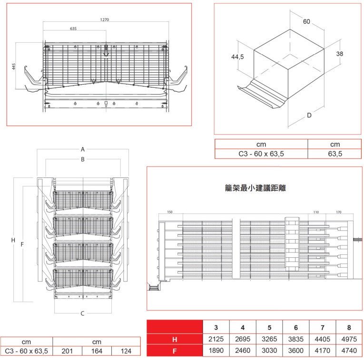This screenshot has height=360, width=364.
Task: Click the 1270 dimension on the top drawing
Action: [x=104, y=19]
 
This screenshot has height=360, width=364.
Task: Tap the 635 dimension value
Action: [x=73, y=29]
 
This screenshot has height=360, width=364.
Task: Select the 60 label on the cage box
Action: [x=306, y=21]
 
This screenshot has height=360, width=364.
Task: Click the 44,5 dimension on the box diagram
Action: [x=237, y=57]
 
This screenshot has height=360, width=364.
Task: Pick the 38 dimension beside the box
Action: [x=339, y=54]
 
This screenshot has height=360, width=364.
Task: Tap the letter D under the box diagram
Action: [x=309, y=115]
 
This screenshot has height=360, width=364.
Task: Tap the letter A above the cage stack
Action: [x=82, y=149]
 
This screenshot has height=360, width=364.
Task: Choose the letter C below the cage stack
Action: [x=82, y=313]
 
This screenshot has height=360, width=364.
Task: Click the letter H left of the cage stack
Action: [x=13, y=240]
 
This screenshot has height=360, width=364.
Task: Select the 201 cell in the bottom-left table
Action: [x=67, y=351]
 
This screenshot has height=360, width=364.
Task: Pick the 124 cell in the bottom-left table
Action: [x=126, y=351]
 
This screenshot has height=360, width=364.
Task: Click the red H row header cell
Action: [x=175, y=340]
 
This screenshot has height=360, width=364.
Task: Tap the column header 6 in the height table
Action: [x=295, y=327]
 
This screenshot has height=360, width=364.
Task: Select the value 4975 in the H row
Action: [x=349, y=340]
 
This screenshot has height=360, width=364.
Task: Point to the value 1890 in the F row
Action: [x=216, y=351]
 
